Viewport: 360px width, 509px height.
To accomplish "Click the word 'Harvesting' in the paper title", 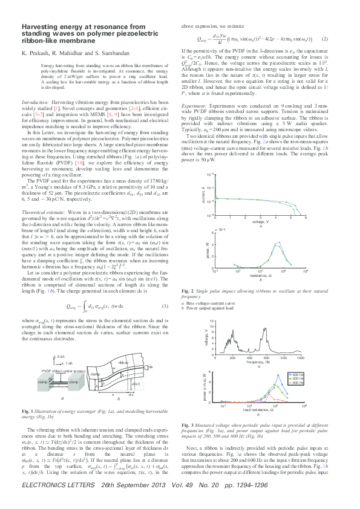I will click(40, 28).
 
